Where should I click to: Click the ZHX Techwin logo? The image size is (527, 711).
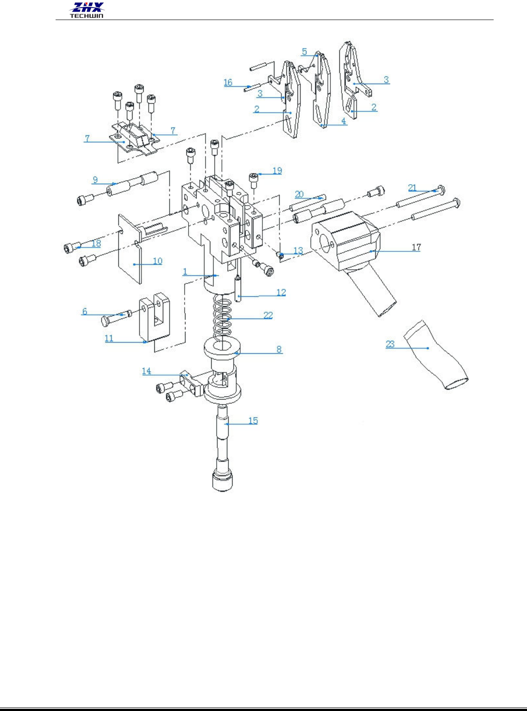[87, 10]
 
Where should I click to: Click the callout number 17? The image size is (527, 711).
[416, 247]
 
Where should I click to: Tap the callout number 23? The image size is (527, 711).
[390, 344]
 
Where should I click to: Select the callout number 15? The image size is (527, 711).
[253, 420]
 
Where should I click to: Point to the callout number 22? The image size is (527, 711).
[268, 315]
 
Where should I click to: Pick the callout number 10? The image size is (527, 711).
[157, 261]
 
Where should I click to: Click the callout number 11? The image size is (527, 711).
[109, 338]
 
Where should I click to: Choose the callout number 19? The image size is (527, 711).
[277, 170]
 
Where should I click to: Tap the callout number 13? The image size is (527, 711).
[298, 250]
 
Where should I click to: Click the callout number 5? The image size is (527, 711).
[304, 52]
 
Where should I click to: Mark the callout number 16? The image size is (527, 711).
[228, 82]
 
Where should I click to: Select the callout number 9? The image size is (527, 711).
[95, 180]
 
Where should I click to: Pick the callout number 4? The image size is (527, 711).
[343, 121]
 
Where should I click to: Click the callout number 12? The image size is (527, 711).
[281, 292]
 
